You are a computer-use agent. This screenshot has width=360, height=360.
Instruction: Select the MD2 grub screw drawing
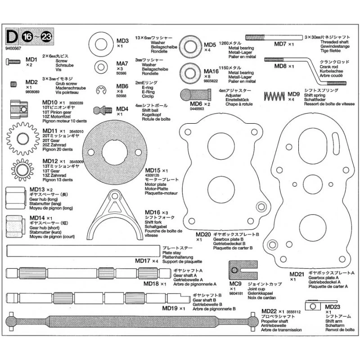pyautogui.click(x=15, y=82)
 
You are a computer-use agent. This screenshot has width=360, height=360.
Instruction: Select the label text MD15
pyautogui.click(x=153, y=171)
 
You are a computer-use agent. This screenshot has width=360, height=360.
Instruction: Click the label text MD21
pyautogui.click(x=297, y=274)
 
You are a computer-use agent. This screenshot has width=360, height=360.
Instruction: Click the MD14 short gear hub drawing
pyautogui.click(x=16, y=225)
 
